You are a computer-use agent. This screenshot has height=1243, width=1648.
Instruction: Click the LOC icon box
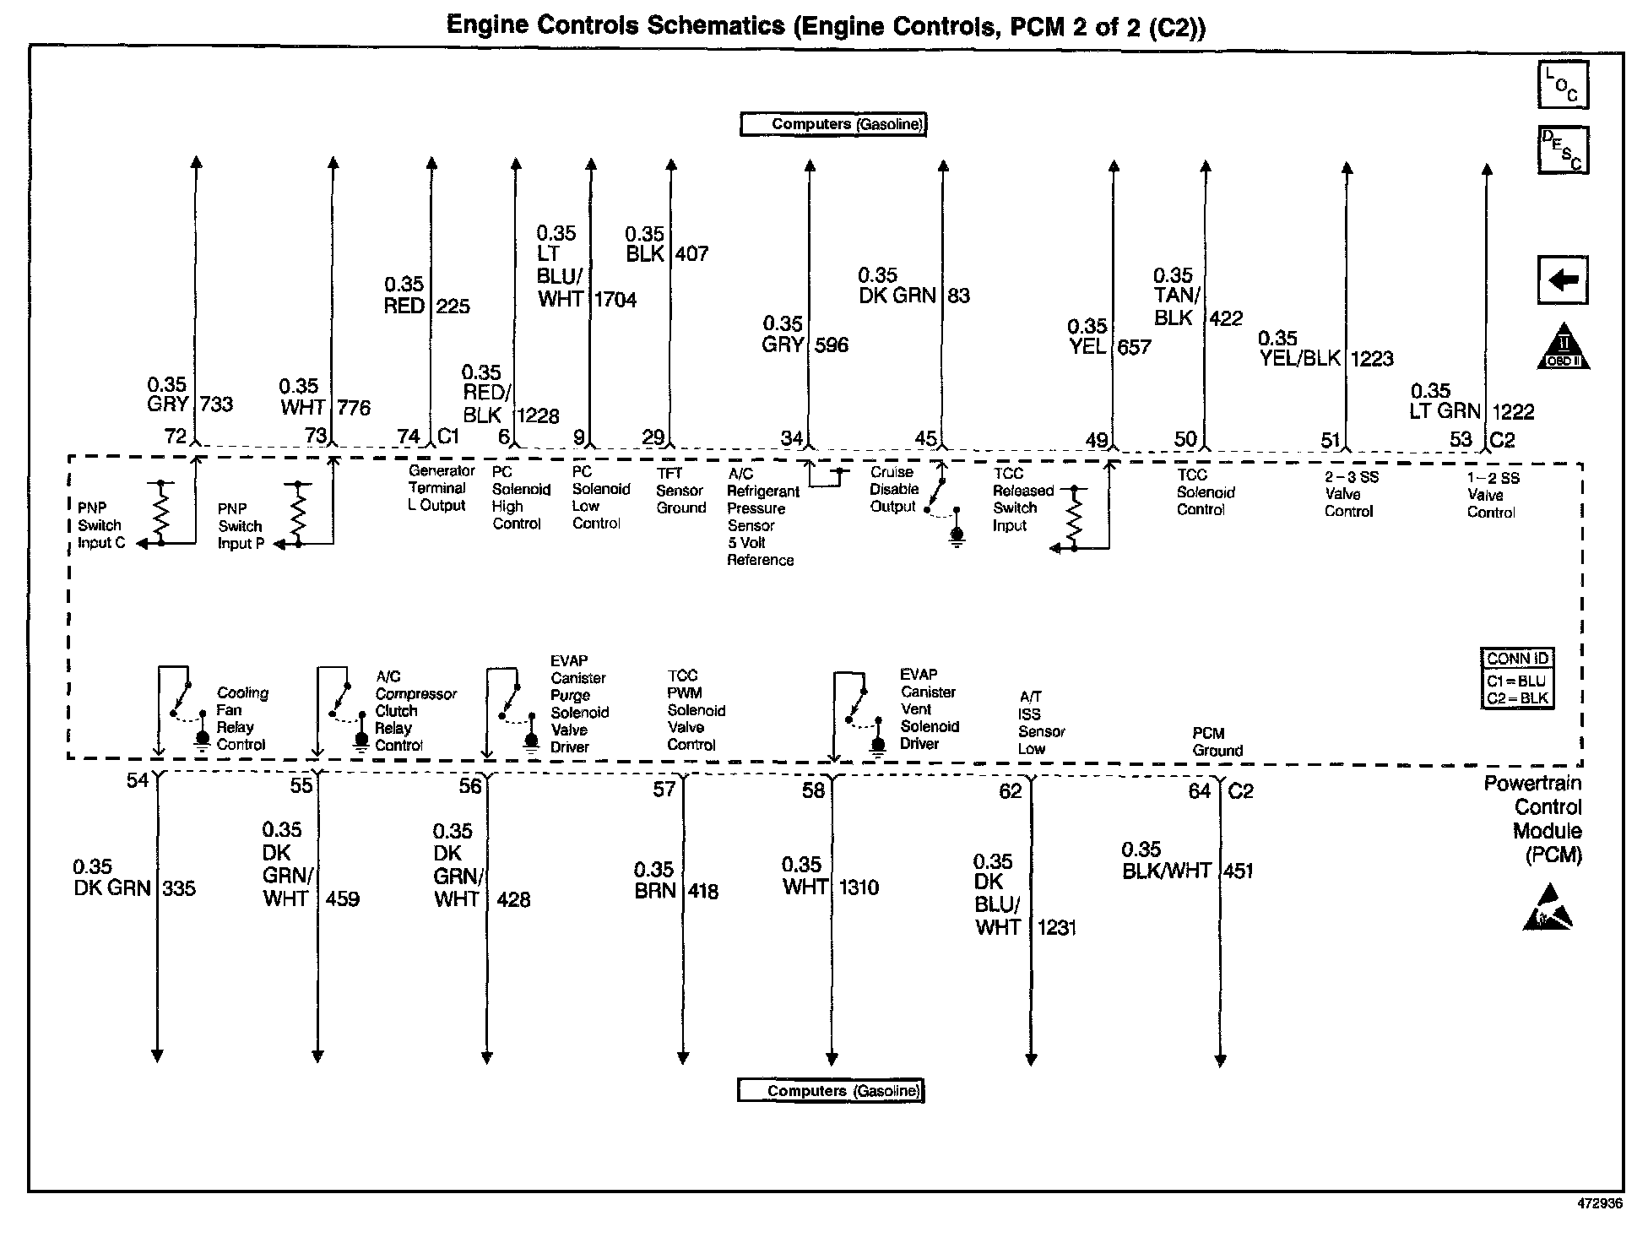1562,84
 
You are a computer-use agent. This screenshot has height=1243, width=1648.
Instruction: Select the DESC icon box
1563,149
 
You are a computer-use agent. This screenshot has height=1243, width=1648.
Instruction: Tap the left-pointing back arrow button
1563,280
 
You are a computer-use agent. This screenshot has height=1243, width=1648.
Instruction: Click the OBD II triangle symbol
1563,347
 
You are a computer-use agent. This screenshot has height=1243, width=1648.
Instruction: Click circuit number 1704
615,300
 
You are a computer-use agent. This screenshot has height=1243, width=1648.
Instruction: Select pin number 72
175,437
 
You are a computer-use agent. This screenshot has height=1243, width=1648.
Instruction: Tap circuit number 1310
859,887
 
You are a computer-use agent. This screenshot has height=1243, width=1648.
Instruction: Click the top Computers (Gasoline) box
833,124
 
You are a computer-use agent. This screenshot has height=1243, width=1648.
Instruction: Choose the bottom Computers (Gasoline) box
831,1091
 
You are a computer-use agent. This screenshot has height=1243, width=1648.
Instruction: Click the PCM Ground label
1217,742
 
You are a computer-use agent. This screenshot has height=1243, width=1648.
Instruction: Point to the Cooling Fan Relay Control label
242,719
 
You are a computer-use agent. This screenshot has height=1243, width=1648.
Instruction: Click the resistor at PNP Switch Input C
161,511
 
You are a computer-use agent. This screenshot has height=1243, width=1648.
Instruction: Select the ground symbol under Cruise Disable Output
957,537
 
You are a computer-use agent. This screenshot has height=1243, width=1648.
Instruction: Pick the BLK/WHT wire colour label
1166,871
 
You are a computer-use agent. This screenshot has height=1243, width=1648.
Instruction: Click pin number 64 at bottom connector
1199,791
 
